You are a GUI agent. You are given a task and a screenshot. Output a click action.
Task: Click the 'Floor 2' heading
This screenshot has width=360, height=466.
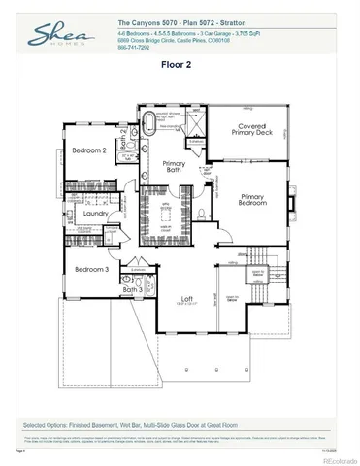click(x=178, y=65)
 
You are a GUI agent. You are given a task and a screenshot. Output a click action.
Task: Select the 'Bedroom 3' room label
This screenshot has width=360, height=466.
click(x=93, y=268)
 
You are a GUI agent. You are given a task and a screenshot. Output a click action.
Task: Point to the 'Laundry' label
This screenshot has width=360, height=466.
click(x=95, y=213)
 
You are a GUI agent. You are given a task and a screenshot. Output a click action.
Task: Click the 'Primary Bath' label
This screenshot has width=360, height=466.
click(x=175, y=167)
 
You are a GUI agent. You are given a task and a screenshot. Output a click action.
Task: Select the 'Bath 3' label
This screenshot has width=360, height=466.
click(x=132, y=289)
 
